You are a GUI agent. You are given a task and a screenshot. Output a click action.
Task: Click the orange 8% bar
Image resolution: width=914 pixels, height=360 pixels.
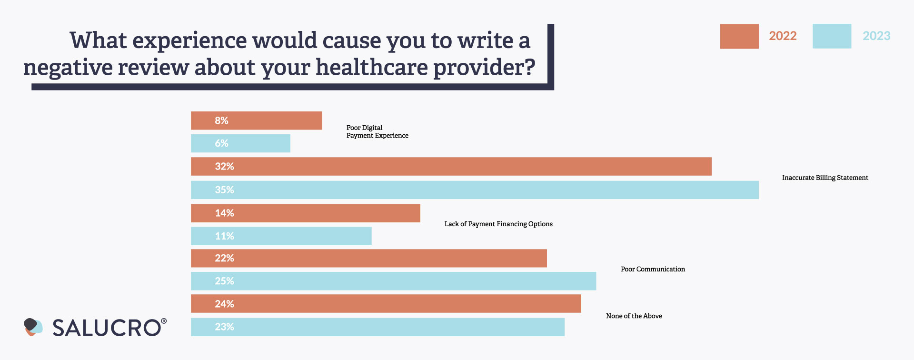pyautogui.click(x=256, y=120)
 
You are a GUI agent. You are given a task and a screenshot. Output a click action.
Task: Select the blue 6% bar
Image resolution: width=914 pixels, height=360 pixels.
pyautogui.click(x=240, y=143)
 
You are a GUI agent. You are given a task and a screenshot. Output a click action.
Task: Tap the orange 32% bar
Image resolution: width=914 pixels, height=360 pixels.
pyautogui.click(x=451, y=167)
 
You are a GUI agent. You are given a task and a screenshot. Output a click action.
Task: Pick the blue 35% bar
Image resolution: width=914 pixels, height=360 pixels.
pyautogui.click(x=475, y=190)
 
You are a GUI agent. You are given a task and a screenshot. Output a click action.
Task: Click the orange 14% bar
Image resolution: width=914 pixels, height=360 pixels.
pyautogui.click(x=305, y=213)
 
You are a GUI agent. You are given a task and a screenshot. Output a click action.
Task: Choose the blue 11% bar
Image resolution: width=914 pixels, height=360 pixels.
pyautogui.click(x=281, y=236)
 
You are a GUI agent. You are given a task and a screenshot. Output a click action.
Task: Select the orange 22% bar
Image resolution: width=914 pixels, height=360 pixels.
pyautogui.click(x=368, y=258)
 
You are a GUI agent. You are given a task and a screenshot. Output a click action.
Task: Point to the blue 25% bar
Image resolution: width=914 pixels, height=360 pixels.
pyautogui.click(x=393, y=281)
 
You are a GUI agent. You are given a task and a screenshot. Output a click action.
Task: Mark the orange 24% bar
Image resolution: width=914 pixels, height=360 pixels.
pyautogui.click(x=386, y=304)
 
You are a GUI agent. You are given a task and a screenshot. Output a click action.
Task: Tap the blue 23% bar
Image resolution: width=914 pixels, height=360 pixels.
pyautogui.click(x=378, y=327)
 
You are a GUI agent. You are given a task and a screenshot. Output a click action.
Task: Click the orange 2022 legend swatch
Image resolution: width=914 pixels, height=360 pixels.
pyautogui.click(x=739, y=36)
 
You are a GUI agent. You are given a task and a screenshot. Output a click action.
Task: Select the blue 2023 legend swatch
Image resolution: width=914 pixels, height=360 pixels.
pyautogui.click(x=832, y=36)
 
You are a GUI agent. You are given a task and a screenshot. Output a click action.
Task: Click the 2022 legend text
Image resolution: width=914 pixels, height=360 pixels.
pyautogui.click(x=783, y=36)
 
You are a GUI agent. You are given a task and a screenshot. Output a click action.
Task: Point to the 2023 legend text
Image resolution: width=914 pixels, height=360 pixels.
pyautogui.click(x=876, y=36)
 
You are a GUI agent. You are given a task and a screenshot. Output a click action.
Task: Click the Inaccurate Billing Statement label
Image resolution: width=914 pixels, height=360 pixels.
pyautogui.click(x=825, y=178)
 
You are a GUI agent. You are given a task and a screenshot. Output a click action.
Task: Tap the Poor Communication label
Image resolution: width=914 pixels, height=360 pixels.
pyautogui.click(x=653, y=269)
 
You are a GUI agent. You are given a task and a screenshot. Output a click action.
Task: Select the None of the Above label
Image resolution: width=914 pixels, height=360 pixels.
pyautogui.click(x=634, y=316)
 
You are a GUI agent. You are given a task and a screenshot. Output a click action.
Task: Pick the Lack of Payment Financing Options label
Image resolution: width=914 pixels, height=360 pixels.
pyautogui.click(x=498, y=224)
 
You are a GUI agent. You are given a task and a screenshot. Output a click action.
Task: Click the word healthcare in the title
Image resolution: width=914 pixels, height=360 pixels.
pyautogui.click(x=371, y=68)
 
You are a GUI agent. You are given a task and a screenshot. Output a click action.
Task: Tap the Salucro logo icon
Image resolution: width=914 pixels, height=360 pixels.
pyautogui.click(x=33, y=327)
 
